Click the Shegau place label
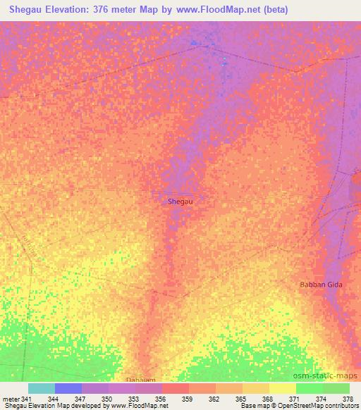pyautogui.click(x=180, y=201)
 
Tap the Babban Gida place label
pyautogui.click(x=331, y=285)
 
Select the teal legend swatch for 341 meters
pyautogui.click(x=42, y=388)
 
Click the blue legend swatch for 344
pyautogui.click(x=68, y=388)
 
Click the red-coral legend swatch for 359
pyautogui.click(x=176, y=388)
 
